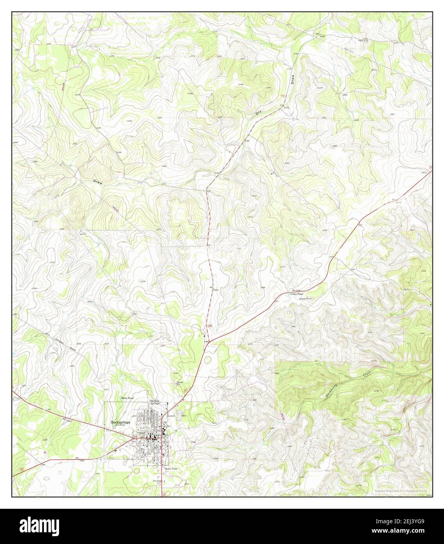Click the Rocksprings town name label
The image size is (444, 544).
click(120, 422)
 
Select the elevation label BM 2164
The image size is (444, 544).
click(320, 35)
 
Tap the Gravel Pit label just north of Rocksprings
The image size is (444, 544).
click(180, 382)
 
